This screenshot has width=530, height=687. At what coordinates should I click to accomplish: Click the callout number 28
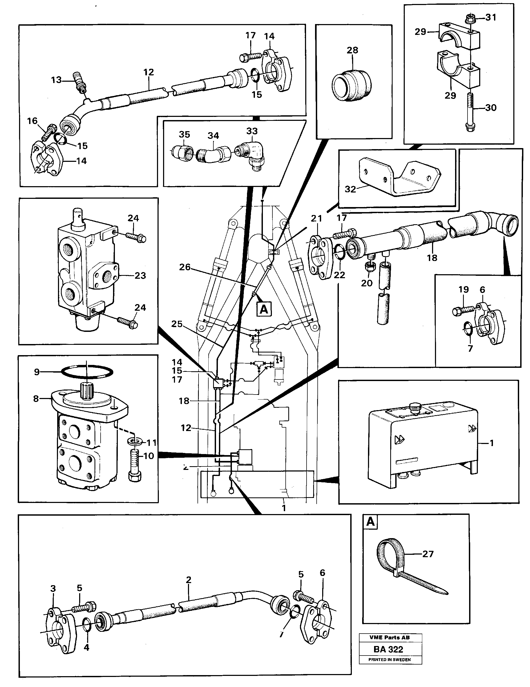pyautogui.click(x=352, y=50)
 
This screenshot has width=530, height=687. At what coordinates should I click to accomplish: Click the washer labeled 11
pyautogui.click(x=134, y=442)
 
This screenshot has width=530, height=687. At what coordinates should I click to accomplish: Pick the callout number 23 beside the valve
pyautogui.click(x=140, y=276)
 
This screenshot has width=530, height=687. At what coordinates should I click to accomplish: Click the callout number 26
pyautogui.click(x=185, y=267)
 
